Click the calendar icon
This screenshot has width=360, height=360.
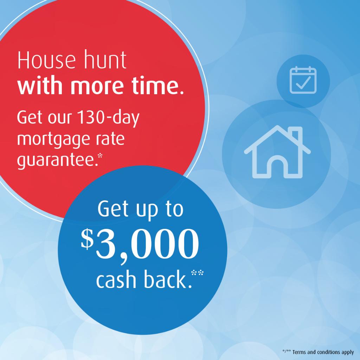tap(303, 81)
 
